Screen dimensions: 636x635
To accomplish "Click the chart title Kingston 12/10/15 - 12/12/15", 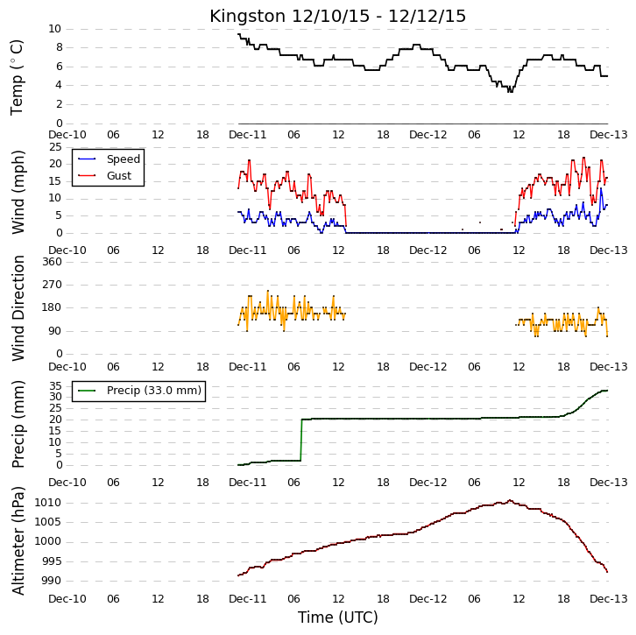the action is click(x=337, y=17).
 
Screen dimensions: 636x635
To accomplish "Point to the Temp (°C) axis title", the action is click(x=17, y=77).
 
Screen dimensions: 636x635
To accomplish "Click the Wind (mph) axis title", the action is click(x=18, y=192).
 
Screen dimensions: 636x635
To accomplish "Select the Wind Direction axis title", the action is click(x=18, y=308).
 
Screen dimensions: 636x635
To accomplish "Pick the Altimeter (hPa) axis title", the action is click(x=18, y=540).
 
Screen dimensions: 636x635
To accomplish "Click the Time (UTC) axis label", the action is click(x=337, y=617).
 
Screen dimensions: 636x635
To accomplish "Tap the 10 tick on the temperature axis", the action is click(x=54, y=29).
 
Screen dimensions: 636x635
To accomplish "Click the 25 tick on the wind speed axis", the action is click(x=55, y=147).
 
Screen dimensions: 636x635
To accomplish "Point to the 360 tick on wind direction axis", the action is click(x=53, y=262).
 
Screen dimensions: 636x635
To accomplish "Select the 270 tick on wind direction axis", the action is click(x=53, y=285).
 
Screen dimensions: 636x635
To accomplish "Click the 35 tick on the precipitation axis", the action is click(x=55, y=385).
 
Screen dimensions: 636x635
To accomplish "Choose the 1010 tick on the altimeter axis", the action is click(x=47, y=503).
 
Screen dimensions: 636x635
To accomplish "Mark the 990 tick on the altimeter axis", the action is click(x=51, y=580).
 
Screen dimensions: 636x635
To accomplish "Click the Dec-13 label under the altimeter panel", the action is click(x=609, y=599).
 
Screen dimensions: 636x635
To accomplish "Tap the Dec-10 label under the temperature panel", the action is click(x=67, y=135).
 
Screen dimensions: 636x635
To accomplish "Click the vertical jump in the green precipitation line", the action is click(x=301, y=440).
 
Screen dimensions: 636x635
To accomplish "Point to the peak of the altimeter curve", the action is click(x=510, y=500).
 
